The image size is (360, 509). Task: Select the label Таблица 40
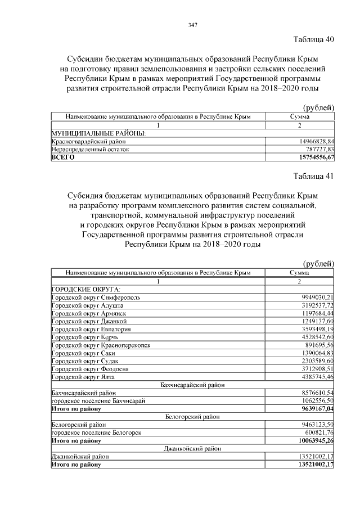pos(314,39)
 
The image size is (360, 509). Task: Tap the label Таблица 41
pos(314,176)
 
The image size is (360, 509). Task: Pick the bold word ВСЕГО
pos(63,158)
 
